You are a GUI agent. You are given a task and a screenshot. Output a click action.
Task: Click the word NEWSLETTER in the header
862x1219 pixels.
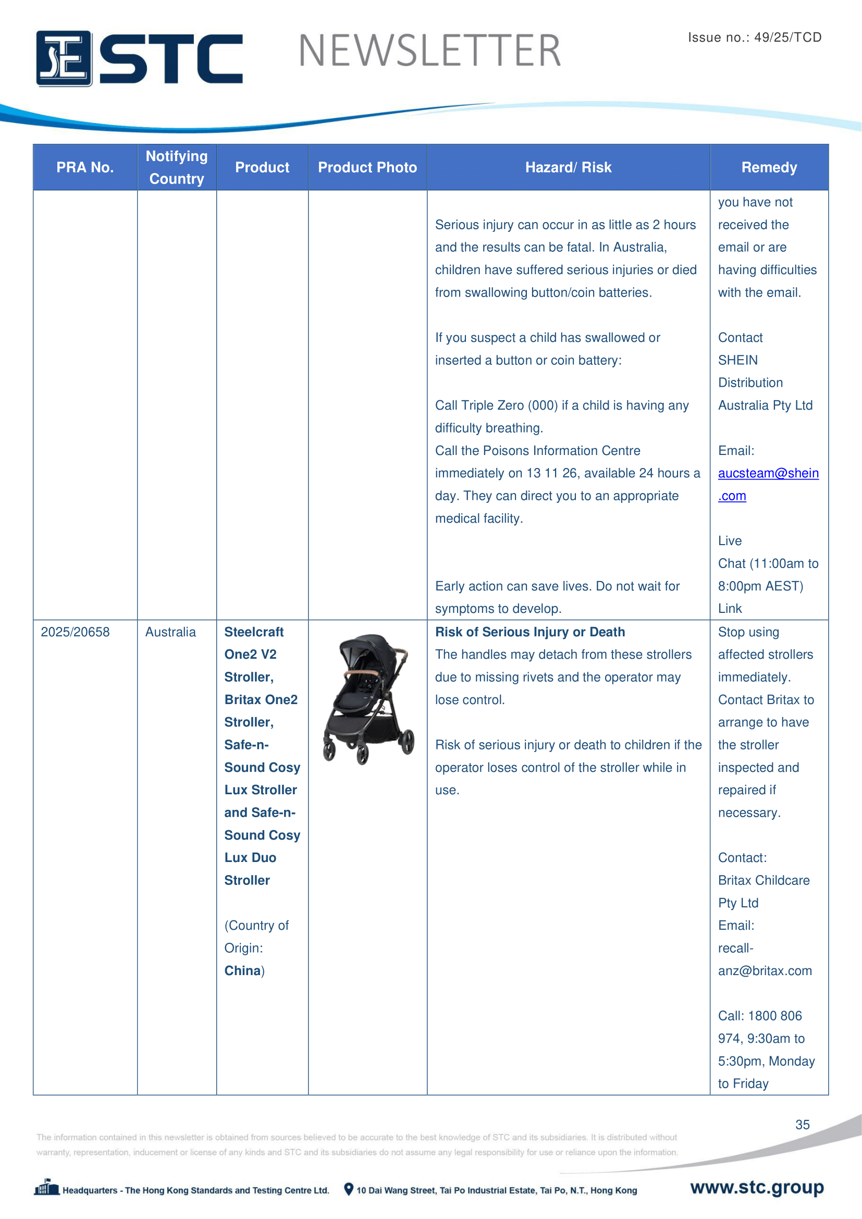pyautogui.click(x=429, y=51)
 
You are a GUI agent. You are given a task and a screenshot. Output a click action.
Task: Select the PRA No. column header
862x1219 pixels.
pyautogui.click(x=85, y=167)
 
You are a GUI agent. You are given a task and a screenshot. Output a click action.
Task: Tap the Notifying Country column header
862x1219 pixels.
pyautogui.click(x=177, y=167)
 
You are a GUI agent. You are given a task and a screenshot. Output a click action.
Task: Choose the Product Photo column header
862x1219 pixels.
pyautogui.click(x=367, y=167)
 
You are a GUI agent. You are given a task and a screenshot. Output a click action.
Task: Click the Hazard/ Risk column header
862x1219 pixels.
pyautogui.click(x=568, y=167)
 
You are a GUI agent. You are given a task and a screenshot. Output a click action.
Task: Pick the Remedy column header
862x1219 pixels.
pyautogui.click(x=769, y=167)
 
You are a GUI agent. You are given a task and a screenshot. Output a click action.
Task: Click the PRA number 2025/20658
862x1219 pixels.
pyautogui.click(x=76, y=632)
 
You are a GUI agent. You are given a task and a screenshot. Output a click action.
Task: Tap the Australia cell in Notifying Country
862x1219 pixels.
pyautogui.click(x=170, y=632)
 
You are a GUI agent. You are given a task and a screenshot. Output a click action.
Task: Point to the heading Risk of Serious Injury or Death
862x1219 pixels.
pyautogui.click(x=529, y=632)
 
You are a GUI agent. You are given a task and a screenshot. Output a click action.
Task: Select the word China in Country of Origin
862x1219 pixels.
pyautogui.click(x=242, y=970)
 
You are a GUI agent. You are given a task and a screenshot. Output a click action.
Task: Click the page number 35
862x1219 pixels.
pyautogui.click(x=802, y=1125)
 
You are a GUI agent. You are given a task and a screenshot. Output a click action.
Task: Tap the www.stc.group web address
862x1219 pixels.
pyautogui.click(x=757, y=1187)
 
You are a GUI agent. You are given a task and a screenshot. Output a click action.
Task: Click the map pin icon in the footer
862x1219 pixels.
pyautogui.click(x=349, y=1189)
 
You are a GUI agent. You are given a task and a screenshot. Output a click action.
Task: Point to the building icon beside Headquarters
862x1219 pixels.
pyautogui.click(x=47, y=1187)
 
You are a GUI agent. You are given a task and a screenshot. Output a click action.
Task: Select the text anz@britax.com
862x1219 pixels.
pyautogui.click(x=765, y=970)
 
